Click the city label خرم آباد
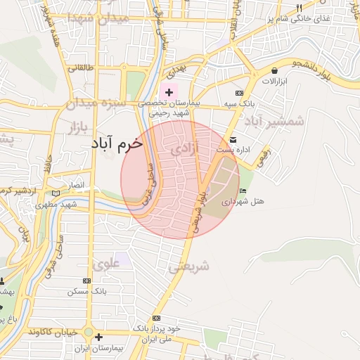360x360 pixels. pos(116,143)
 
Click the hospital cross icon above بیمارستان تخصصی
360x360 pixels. pos(169,92)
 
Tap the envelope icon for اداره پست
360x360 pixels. pos(232,140)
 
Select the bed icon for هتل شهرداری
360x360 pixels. pos(243,191)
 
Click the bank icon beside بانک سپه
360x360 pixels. pos(239,93)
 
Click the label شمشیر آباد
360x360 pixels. pos(274,121)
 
